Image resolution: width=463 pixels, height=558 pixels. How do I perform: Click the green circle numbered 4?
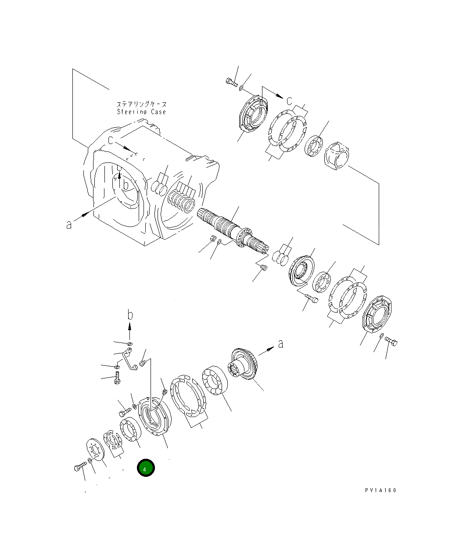[x=146, y=468]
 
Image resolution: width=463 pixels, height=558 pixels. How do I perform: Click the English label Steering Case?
[x=141, y=112]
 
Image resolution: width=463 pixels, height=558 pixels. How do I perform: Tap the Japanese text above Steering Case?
[x=141, y=104]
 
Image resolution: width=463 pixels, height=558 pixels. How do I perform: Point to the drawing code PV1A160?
[x=380, y=490]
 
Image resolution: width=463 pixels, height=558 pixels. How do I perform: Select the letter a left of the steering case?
[x=69, y=224]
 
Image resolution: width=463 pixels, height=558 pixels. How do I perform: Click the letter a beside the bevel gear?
[x=280, y=343]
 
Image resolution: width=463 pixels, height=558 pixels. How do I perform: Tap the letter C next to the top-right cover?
[x=289, y=101]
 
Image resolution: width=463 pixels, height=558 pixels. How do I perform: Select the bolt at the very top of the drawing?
[x=231, y=82]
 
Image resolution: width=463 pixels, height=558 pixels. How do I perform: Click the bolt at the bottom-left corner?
[x=79, y=468]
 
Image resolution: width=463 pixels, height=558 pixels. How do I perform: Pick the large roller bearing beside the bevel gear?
[x=215, y=380]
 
